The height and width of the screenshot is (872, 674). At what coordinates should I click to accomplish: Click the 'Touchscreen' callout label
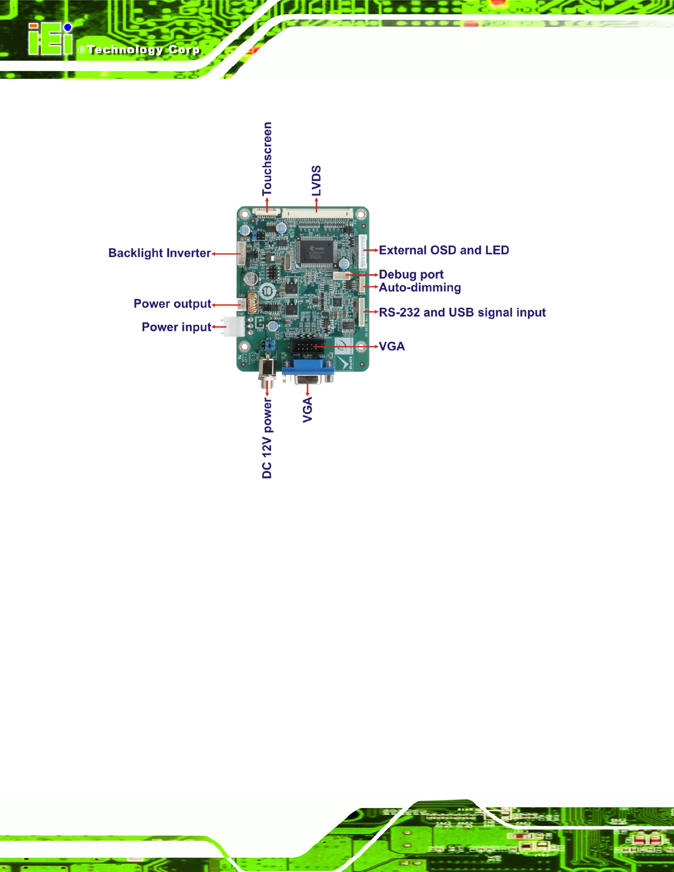click(267, 159)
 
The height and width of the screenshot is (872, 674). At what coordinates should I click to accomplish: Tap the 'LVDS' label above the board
click(317, 181)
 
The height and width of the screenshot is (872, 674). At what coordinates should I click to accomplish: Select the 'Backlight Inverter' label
click(159, 253)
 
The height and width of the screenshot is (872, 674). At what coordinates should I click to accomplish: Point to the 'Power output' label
click(172, 304)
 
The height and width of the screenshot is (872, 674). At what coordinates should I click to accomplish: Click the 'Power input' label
click(176, 327)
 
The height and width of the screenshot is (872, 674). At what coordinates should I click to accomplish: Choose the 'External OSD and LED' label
click(444, 250)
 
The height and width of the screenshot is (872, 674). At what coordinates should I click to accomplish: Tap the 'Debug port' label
click(411, 275)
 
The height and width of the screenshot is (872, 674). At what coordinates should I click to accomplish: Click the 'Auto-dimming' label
click(420, 288)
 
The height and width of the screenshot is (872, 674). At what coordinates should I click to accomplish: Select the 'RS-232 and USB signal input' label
click(462, 313)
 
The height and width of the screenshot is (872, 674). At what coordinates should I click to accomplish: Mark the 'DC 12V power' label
click(267, 438)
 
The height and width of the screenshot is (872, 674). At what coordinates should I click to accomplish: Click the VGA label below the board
click(307, 410)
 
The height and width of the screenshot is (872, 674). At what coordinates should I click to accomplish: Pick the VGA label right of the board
click(392, 347)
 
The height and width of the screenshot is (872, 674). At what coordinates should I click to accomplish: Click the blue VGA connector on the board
click(308, 372)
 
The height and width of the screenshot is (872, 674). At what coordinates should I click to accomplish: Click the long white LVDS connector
click(317, 214)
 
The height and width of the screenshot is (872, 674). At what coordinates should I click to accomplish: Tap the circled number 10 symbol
click(267, 291)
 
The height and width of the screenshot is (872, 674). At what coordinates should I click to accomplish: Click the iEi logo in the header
click(51, 39)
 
